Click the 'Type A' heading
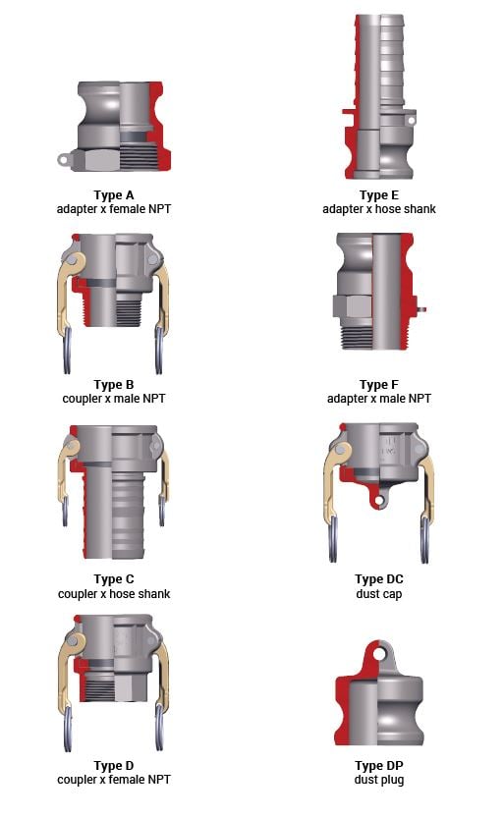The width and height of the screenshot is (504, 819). coord(113,195)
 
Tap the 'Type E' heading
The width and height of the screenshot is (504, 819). coord(379,195)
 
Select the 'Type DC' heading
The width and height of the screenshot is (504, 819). coord(379,579)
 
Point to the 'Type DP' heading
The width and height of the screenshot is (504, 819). coord(379,766)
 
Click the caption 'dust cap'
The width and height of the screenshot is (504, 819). coord(379,594)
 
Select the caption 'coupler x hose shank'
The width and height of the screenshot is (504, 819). coord(114,594)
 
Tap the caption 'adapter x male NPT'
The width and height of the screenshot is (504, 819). coord(379,399)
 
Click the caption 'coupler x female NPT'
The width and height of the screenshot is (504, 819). coord(113,780)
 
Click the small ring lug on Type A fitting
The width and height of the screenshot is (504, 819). coord(64,160)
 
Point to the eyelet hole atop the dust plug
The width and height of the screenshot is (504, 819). coord(379,653)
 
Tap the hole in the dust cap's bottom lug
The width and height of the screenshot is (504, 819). coord(378,502)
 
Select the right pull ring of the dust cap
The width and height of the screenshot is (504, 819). coord(425,539)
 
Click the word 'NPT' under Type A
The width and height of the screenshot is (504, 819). coord(158,209)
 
